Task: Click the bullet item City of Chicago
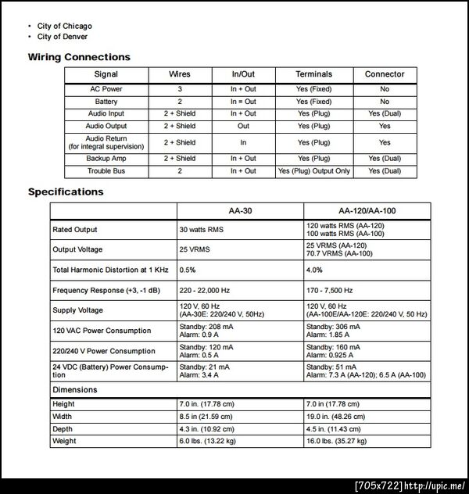point(64,26)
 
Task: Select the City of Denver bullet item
point(62,37)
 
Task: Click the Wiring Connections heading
point(79,57)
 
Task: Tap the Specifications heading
point(66,192)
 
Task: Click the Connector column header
point(385,74)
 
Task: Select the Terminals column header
point(313,74)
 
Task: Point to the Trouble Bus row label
point(106,170)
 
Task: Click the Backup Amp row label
point(106,159)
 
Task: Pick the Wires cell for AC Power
point(180,89)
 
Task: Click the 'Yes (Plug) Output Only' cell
point(313,170)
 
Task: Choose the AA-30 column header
point(239,212)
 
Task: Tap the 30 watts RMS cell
point(202,230)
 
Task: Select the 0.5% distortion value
point(188,270)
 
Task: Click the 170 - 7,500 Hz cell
point(329,290)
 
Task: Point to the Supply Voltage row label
point(77,310)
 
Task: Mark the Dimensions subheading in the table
point(75,389)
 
